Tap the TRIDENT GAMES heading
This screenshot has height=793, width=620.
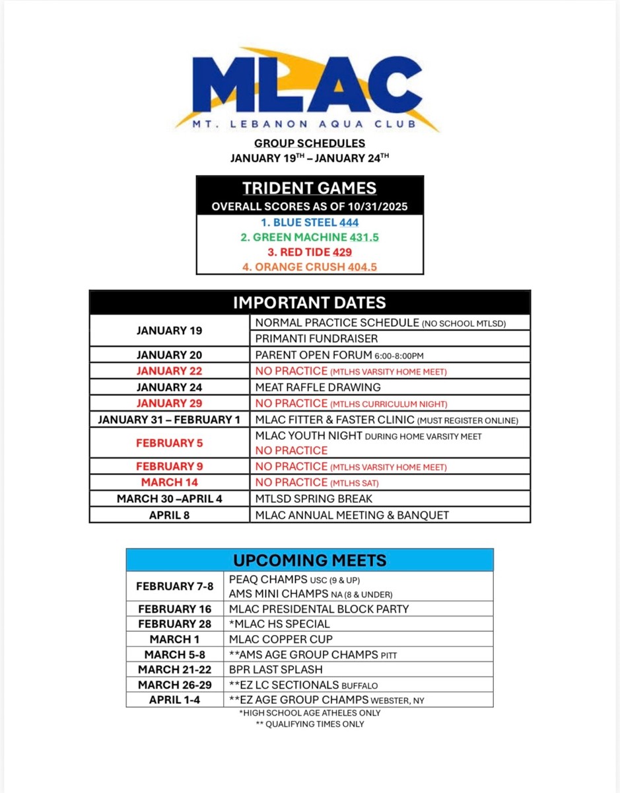309,188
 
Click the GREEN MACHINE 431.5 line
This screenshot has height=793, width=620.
309,237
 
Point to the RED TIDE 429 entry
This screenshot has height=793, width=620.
309,252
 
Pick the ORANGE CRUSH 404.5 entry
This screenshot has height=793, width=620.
309,266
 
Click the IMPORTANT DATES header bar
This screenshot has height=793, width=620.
309,303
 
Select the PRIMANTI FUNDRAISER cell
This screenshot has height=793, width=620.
316,338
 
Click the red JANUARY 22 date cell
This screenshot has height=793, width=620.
170,371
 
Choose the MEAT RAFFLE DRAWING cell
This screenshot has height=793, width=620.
318,387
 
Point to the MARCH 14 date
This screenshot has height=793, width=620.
170,482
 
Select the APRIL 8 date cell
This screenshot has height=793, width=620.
170,515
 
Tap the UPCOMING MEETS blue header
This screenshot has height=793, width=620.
309,560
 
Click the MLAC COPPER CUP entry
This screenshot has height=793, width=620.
281,639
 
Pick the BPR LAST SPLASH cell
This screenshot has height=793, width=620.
275,669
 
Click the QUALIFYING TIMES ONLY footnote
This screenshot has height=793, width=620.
310,724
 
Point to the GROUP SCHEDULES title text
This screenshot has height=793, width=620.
309,143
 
